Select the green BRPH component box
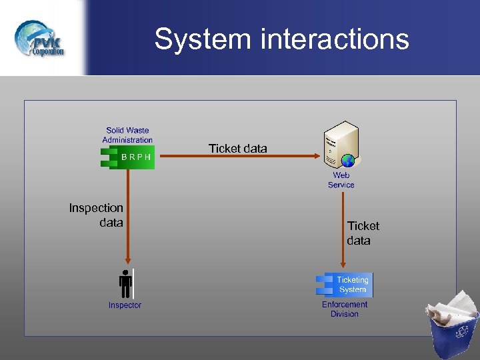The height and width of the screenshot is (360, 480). point(128,157)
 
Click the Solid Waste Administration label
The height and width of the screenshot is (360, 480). point(127,135)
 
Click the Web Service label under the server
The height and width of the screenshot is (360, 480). point(341,180)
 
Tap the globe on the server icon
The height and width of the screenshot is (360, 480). point(348,160)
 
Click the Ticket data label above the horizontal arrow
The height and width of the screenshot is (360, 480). point(237,149)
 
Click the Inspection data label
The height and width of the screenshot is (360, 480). point(97,215)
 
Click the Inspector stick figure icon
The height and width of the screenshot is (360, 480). point(125,283)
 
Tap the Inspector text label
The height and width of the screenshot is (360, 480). point(125,305)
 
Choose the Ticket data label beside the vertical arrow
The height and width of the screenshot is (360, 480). point(363,233)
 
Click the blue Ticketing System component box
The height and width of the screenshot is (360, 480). point(345,285)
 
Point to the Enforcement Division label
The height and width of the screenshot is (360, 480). point(345,309)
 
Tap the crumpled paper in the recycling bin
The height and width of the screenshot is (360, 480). point(452,306)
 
